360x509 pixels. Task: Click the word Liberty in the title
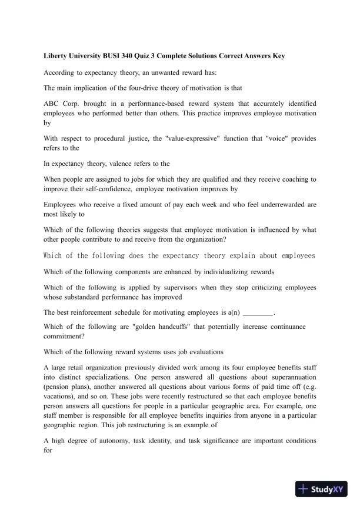(59, 58)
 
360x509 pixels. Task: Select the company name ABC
(53, 104)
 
